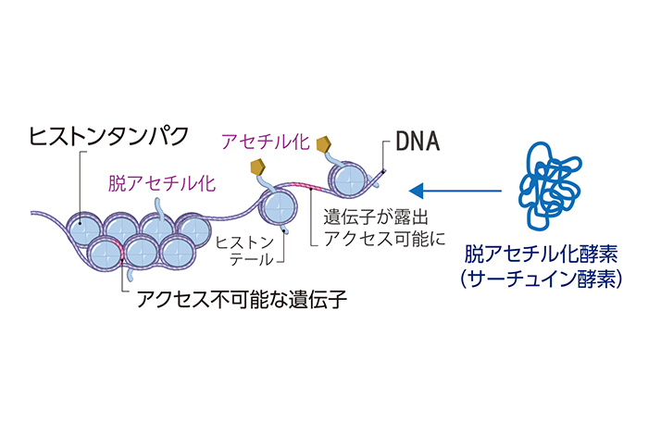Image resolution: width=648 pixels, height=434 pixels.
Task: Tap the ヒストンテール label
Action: point(244,251)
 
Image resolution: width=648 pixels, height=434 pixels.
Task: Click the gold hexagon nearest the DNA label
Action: point(324,145)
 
